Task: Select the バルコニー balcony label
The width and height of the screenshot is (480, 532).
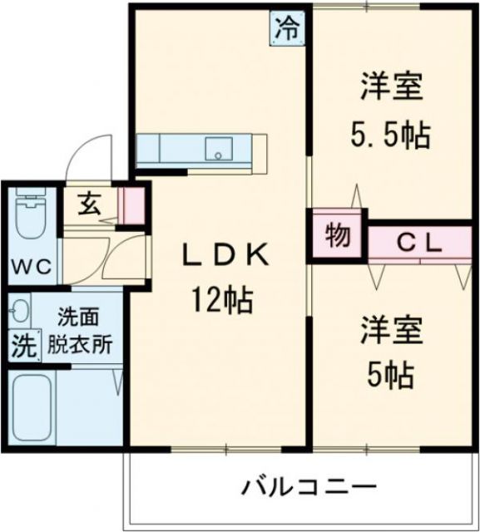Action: (x=310, y=486)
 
